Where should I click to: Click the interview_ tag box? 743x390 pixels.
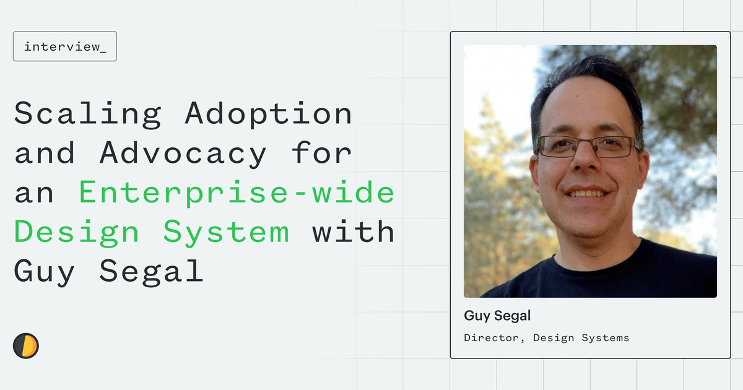(x=65, y=46)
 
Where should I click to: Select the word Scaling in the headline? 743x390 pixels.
(x=87, y=115)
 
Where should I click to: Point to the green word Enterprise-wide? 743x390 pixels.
(x=237, y=193)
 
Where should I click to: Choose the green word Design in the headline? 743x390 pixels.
(x=77, y=233)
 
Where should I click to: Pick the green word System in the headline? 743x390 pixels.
(x=226, y=233)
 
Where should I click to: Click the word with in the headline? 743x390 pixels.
(x=353, y=232)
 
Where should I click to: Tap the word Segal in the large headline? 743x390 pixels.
(x=151, y=271)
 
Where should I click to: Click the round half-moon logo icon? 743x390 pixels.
(x=26, y=345)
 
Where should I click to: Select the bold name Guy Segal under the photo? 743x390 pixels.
(x=497, y=316)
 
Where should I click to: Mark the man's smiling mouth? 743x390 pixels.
(x=587, y=194)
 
